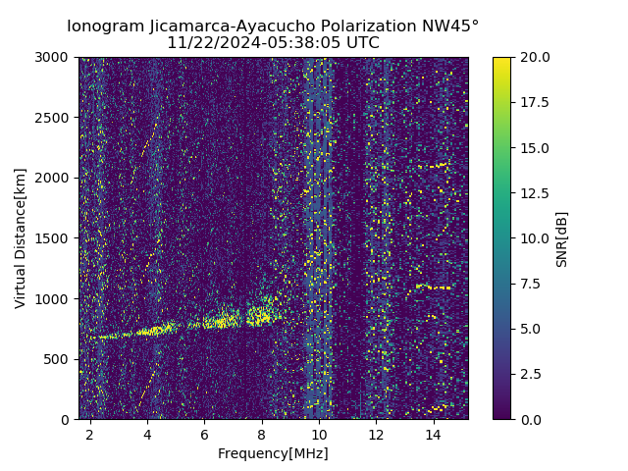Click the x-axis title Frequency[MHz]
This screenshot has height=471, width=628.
click(273, 453)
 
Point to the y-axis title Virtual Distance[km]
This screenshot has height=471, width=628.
click(21, 237)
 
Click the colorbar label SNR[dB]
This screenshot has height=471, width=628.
click(562, 238)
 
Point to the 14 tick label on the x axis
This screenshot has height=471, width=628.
click(433, 434)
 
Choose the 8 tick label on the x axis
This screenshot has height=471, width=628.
click(261, 434)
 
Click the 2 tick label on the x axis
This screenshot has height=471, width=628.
click(90, 434)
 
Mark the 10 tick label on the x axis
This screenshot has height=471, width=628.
click(319, 434)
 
